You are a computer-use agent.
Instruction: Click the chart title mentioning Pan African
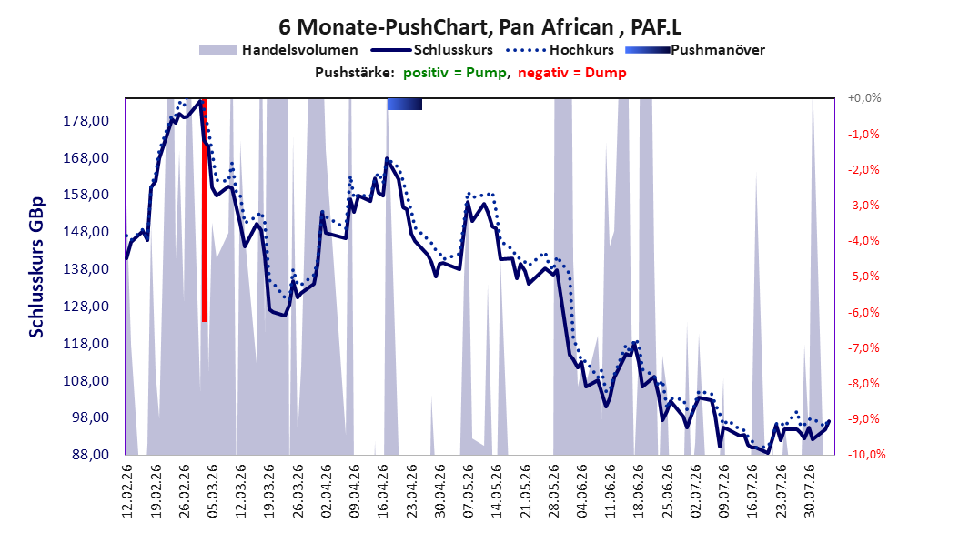pyautogui.click(x=479, y=27)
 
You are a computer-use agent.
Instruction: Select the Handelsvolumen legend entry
pyautogui.click(x=279, y=50)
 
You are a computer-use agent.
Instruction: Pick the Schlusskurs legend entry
pyautogui.click(x=432, y=50)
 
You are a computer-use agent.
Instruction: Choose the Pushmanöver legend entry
pyautogui.click(x=695, y=50)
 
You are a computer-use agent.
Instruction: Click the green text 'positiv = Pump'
pyautogui.click(x=455, y=73)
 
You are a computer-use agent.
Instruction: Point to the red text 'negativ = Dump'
pyautogui.click(x=572, y=73)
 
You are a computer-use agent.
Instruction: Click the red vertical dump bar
pyautogui.click(x=205, y=210)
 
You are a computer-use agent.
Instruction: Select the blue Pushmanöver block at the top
pyautogui.click(x=404, y=104)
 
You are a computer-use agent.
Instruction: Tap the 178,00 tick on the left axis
pyautogui.click(x=86, y=120)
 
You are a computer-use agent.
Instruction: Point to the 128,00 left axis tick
pyautogui.click(x=86, y=307)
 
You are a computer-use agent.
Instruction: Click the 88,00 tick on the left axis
pyautogui.click(x=86, y=455)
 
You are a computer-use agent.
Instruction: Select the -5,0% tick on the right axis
pyautogui.click(x=863, y=277)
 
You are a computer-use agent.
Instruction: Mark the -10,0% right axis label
pyautogui.click(x=866, y=454)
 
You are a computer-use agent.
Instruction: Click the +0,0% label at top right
pyautogui.click(x=864, y=98)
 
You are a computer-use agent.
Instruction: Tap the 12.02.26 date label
pyautogui.click(x=127, y=491)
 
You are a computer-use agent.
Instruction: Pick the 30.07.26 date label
pyautogui.click(x=810, y=491)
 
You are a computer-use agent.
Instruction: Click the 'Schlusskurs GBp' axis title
pyautogui.click(x=36, y=266)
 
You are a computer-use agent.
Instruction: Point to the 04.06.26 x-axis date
pyautogui.click(x=582, y=491)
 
